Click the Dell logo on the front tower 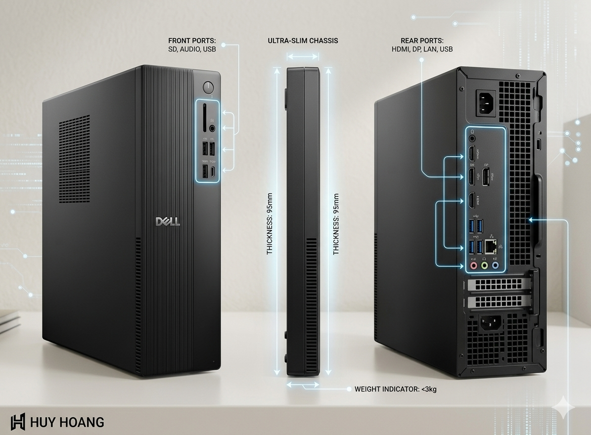pos(168,221)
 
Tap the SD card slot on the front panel pos(204,117)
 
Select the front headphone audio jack pos(213,128)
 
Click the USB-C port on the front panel pos(213,172)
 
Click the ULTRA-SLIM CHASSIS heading pos(303,41)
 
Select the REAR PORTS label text pos(422,41)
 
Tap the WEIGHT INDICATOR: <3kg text pos(395,389)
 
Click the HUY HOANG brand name pos(67,422)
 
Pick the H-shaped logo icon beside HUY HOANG pos(18,422)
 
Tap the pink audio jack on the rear pos(473,265)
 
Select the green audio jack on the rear pos(485,265)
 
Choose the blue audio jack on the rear pos(496,265)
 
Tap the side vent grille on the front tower pos(75,159)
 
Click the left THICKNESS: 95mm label pos(270,223)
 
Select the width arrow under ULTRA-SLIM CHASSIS pos(303,57)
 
